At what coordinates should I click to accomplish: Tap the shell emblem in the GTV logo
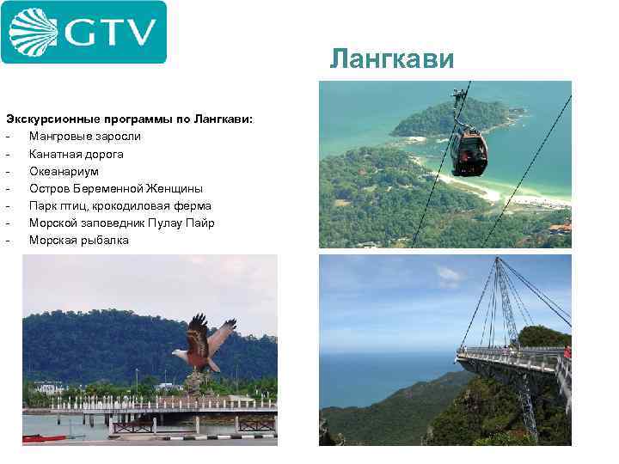(34, 32)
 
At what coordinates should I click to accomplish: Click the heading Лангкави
(392, 58)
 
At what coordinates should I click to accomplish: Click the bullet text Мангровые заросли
(84, 136)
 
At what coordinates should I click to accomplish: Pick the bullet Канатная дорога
(76, 154)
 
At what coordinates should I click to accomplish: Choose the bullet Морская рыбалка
(78, 240)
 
